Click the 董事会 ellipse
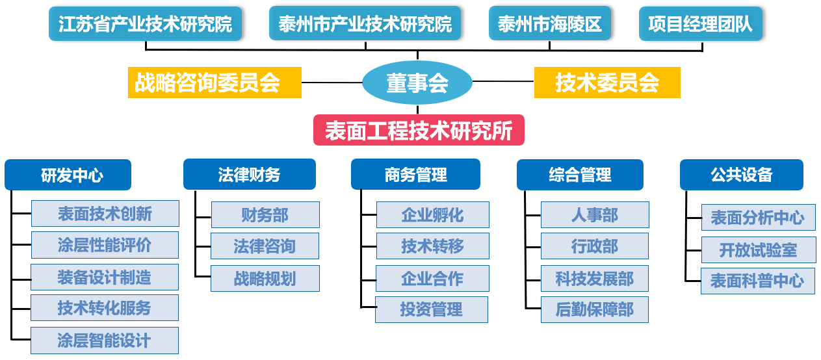point(417,83)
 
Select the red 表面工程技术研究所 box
point(419,130)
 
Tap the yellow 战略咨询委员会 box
point(215,83)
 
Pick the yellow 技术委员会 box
point(607,83)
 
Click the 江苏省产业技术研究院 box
point(146,24)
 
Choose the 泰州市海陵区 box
point(550,23)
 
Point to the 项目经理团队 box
point(700,24)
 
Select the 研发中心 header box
point(68,175)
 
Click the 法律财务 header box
point(249,174)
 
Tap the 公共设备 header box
point(742,175)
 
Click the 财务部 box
point(265,214)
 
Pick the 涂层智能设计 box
point(105,341)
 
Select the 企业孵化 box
point(432,214)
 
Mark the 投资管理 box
point(432,309)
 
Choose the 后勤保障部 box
point(595,309)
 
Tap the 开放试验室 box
point(759,250)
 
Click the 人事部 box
point(595,214)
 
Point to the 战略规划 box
point(265,278)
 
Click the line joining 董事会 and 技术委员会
point(503,81)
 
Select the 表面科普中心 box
point(757,281)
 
